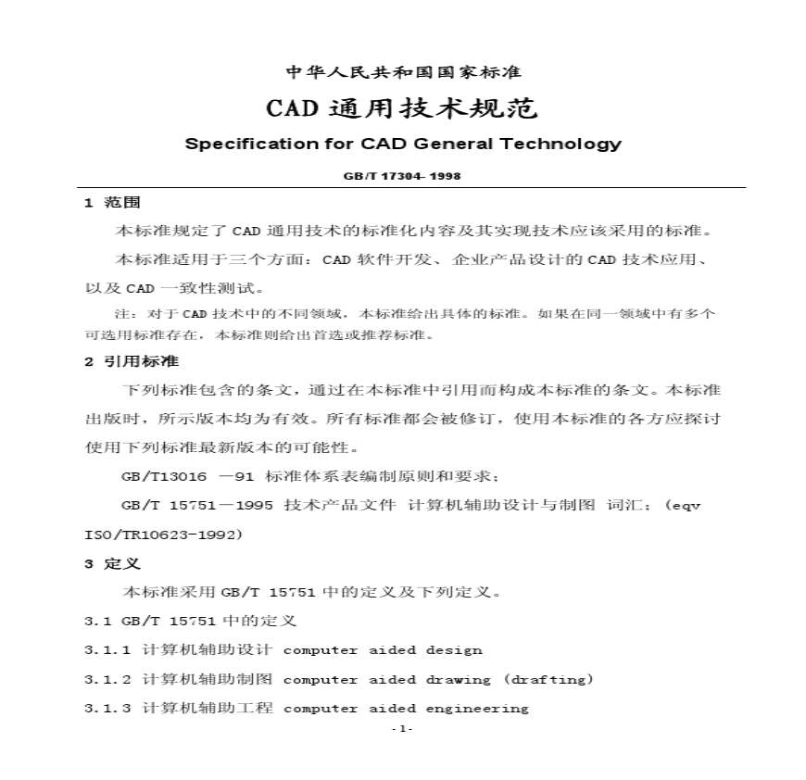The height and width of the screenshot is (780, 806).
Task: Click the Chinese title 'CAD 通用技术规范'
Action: pos(402,109)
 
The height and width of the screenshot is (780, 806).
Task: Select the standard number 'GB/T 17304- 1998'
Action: pos(402,175)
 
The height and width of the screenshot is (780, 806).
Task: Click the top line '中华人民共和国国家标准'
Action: pos(402,72)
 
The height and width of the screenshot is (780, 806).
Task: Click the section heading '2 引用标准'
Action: pos(132,361)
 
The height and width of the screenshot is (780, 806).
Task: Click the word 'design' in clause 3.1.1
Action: pos(454,650)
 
